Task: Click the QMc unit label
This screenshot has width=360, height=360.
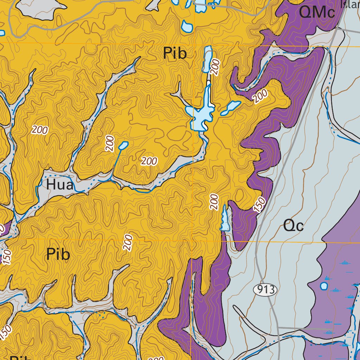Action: [316, 13]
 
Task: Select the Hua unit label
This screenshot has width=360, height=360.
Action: [59, 185]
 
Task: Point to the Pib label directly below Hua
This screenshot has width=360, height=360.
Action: [58, 255]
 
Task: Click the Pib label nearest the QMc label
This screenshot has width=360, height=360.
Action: [174, 54]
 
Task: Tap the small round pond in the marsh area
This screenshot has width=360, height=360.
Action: [324, 285]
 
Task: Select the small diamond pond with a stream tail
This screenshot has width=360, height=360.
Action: [123, 145]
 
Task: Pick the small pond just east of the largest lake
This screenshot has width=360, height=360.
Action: [231, 108]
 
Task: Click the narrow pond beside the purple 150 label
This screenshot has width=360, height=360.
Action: [224, 219]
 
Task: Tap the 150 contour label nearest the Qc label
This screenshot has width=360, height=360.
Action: [259, 205]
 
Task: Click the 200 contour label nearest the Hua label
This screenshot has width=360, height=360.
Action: [40, 130]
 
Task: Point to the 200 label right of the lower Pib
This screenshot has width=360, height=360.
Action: [128, 243]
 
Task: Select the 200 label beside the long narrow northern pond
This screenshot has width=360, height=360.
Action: [216, 67]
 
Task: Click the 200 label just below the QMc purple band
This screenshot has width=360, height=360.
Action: [260, 96]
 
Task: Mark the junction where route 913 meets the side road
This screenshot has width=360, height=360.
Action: [278, 328]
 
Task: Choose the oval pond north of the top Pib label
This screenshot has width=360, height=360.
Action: [187, 26]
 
